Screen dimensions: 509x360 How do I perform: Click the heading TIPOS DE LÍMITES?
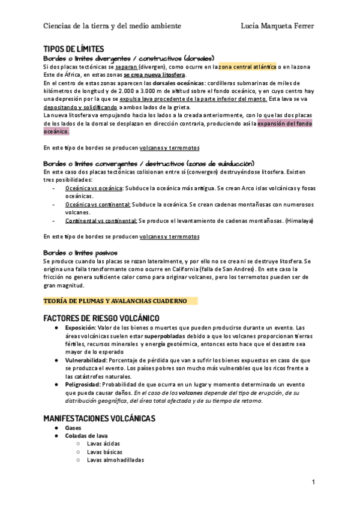[x=74, y=49]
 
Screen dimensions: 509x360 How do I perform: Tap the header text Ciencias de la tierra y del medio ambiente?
[x=112, y=26]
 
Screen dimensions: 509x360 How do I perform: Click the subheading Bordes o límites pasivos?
[x=80, y=253]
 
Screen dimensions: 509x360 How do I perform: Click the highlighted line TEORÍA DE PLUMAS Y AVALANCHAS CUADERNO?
[x=115, y=301]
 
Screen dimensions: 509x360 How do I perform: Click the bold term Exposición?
[x=80, y=328]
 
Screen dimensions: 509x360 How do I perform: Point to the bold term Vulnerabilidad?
[x=86, y=360]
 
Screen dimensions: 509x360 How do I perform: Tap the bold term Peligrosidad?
[x=83, y=384]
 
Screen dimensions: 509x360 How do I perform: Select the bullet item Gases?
[x=73, y=428]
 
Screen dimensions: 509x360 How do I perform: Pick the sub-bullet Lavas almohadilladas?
[x=115, y=460]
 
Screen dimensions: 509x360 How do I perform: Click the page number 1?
[x=313, y=482]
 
